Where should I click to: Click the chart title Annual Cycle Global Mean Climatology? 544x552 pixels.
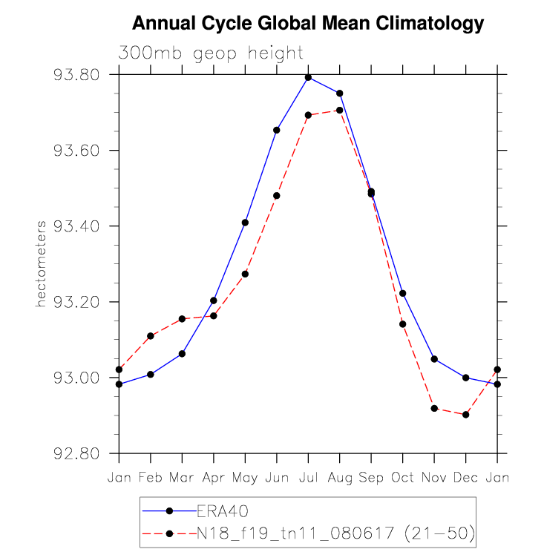[x=307, y=24]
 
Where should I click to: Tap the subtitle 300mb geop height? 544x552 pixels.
[x=211, y=53]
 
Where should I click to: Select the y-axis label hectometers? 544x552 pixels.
[x=42, y=263]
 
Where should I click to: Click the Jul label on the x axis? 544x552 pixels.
[x=308, y=478]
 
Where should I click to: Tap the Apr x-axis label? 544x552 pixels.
[x=214, y=478]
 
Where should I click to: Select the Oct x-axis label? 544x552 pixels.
[x=402, y=478]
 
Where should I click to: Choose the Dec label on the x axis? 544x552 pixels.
[x=465, y=478]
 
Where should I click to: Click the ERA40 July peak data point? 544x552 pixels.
[x=308, y=77]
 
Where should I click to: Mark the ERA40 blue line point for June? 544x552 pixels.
[x=277, y=130]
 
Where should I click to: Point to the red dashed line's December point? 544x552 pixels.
[x=465, y=415]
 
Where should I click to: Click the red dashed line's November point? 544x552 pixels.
[x=434, y=409]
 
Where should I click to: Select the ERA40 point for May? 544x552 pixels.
[x=245, y=223]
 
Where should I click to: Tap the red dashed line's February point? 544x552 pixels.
[x=151, y=336]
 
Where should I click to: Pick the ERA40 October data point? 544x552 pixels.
[x=402, y=293]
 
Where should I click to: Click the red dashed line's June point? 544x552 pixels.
[x=277, y=196]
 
